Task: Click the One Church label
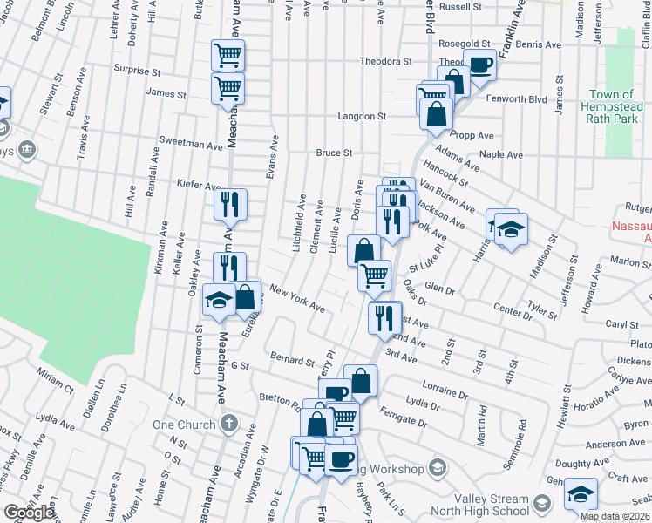tap(183, 424)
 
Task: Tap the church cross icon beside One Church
tap(228, 424)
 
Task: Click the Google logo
tap(29, 513)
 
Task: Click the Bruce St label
tap(333, 153)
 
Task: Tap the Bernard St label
tap(291, 359)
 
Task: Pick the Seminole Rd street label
tap(521, 437)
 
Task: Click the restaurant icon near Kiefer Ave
tap(231, 206)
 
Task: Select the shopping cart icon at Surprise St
tap(228, 55)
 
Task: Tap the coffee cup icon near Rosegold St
tap(479, 64)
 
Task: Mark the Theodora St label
tap(386, 62)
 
